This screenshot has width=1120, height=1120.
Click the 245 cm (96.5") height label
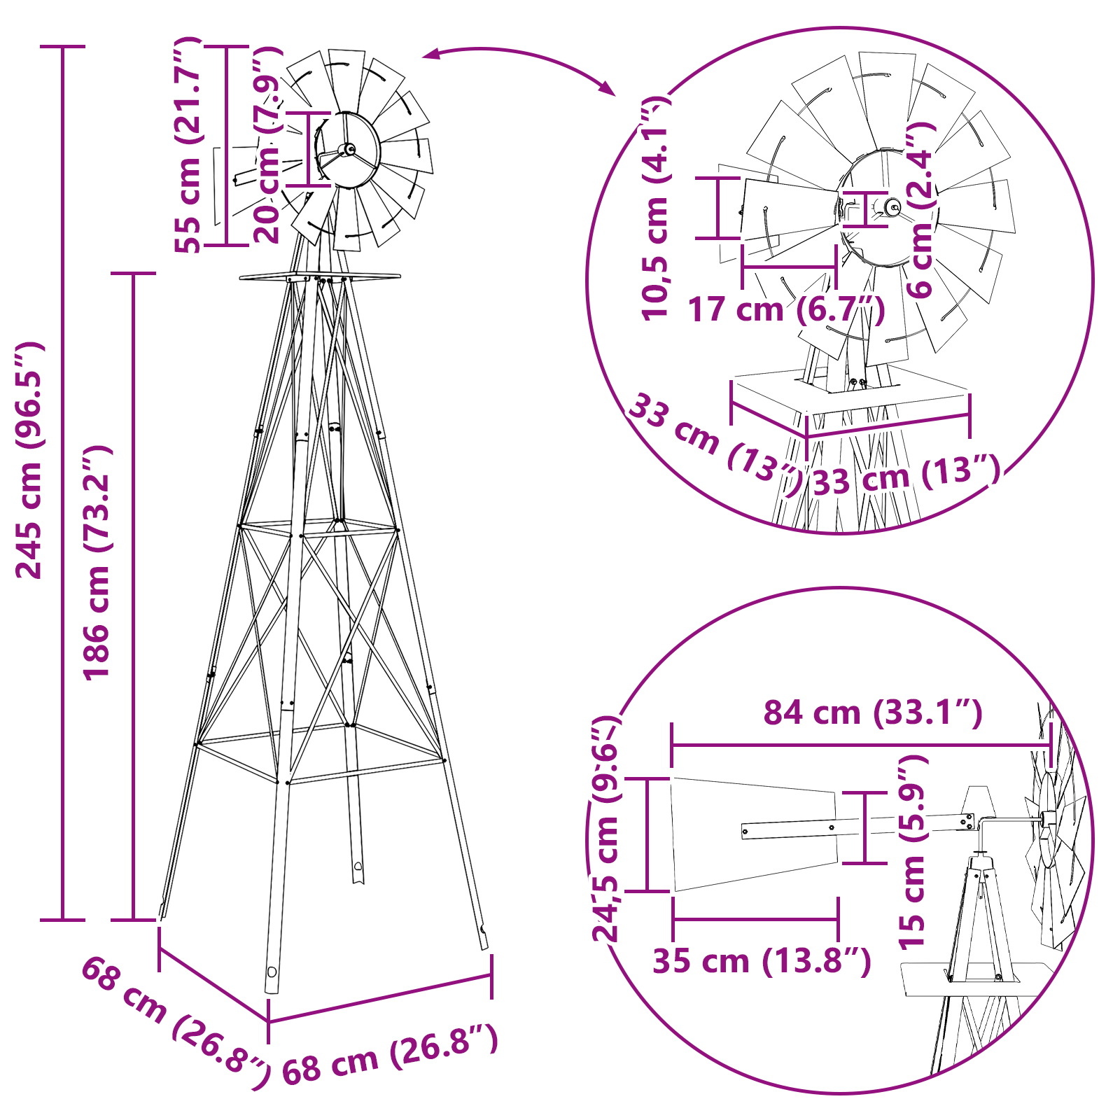coord(29,460)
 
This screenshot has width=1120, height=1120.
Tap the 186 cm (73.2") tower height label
coord(97,562)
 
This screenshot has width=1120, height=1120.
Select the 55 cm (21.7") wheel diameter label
coord(188,144)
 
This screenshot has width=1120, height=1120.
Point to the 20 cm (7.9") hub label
coord(268,145)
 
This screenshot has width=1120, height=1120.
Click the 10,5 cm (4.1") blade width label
coord(656,209)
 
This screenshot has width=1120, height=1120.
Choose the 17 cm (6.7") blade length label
coord(786,309)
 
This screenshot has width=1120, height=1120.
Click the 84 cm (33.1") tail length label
coord(873,713)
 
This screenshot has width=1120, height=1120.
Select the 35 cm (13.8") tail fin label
coord(762,960)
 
